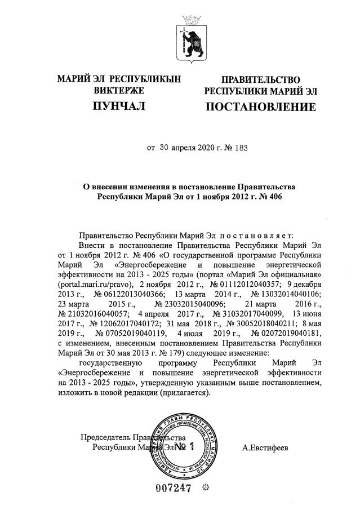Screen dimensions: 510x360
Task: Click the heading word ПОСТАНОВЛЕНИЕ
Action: click(x=260, y=107)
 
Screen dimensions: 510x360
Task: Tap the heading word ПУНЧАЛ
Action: click(x=119, y=105)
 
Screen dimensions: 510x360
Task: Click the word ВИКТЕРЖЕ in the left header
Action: click(x=119, y=90)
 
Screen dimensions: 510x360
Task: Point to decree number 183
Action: click(x=239, y=149)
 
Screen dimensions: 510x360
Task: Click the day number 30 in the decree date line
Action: click(x=165, y=149)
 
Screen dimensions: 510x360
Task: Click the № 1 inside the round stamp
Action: click(x=184, y=447)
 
